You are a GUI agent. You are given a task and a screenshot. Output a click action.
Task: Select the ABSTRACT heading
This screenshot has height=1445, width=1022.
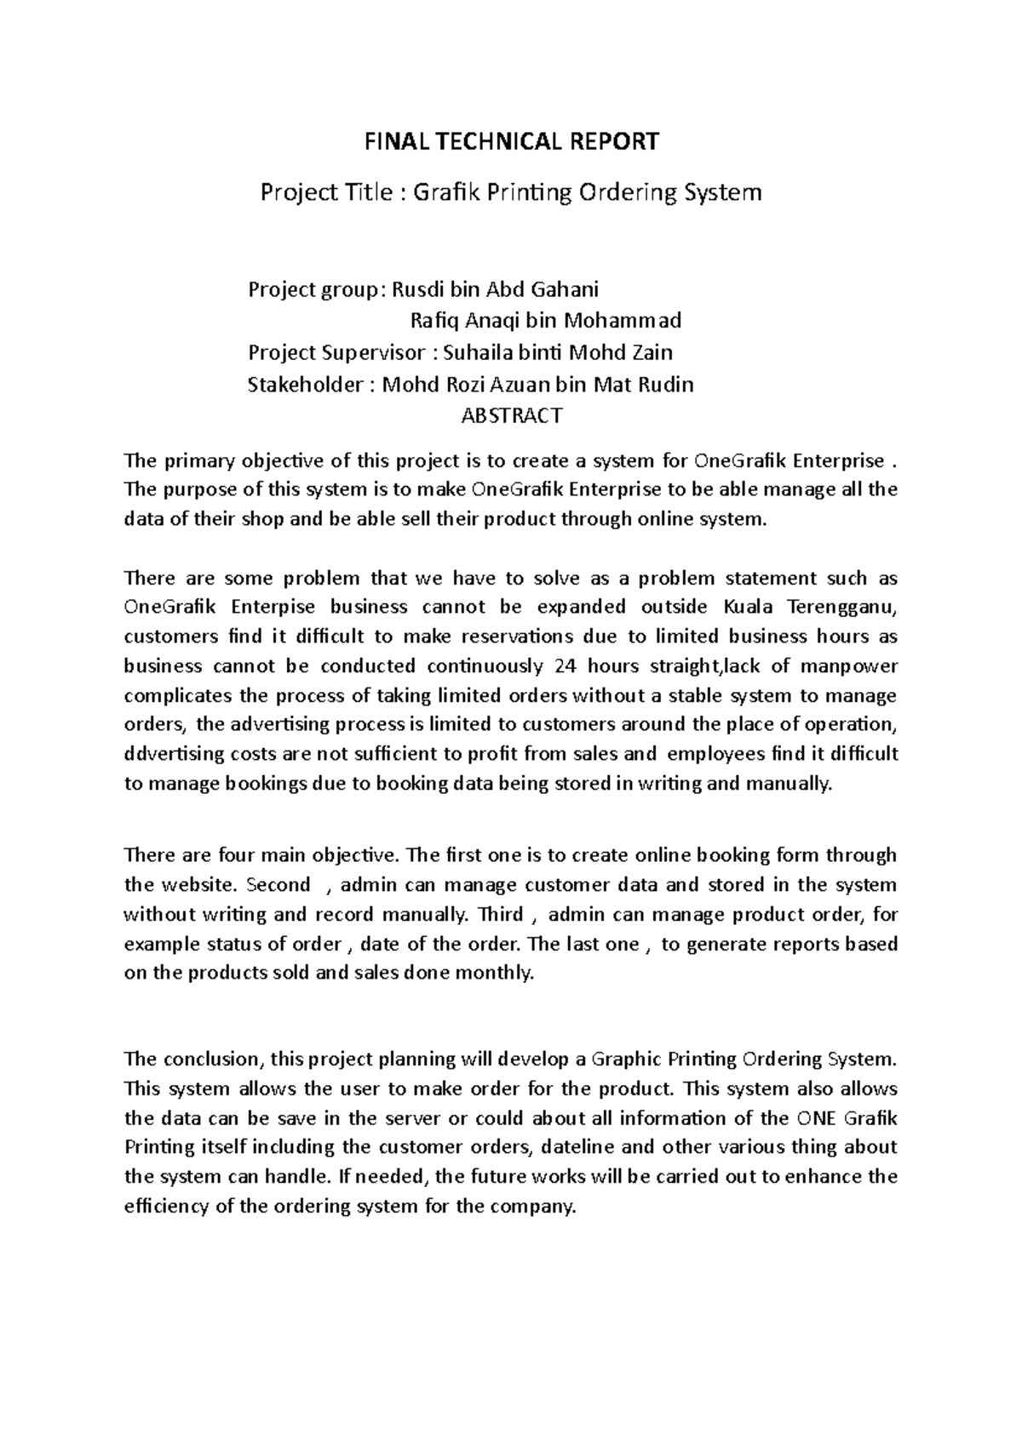point(511,416)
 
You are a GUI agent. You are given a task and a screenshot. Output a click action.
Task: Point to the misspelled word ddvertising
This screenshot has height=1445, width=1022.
point(175,753)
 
